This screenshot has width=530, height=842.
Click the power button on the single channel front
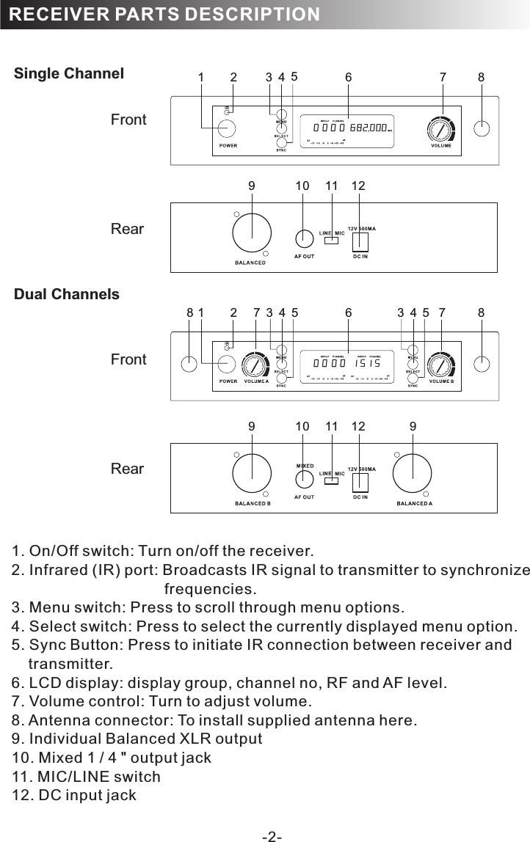coord(227,129)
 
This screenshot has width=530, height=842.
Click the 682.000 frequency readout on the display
coord(367,128)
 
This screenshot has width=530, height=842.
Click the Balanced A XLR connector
coord(412,475)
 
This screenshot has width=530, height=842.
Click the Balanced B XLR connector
coord(252,475)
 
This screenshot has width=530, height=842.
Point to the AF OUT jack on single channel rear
coord(304,238)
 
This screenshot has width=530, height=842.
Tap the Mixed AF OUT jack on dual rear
coord(304,479)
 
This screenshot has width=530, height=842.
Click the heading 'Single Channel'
coord(69,73)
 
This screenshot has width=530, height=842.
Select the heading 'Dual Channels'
coord(67,294)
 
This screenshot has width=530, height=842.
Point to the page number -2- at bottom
coord(272,835)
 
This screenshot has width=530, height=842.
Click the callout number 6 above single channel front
coord(349,76)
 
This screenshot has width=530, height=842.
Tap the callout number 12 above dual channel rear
coord(358,425)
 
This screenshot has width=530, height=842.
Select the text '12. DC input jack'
coord(74,795)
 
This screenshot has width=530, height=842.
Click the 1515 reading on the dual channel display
coord(367,363)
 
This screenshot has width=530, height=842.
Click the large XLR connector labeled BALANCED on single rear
coord(252,234)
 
